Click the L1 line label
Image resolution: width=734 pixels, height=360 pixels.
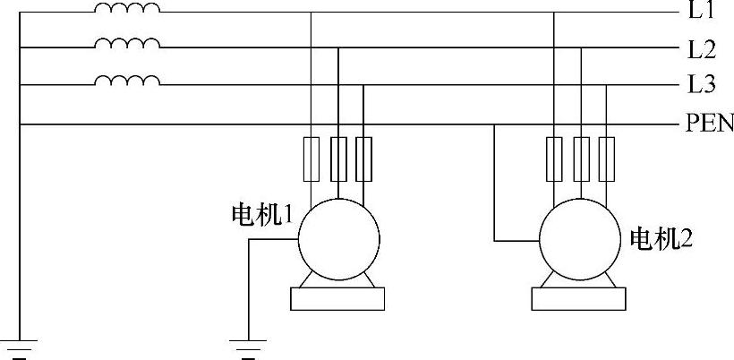click(x=701, y=12)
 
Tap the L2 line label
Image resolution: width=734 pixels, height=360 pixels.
click(x=701, y=48)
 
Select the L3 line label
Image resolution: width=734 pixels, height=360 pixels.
click(x=701, y=85)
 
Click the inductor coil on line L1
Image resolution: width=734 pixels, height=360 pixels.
click(x=127, y=10)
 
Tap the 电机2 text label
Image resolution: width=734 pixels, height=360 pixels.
click(x=661, y=239)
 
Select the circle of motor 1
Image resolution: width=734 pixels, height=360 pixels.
click(x=337, y=238)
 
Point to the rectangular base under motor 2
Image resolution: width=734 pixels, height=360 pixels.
click(x=578, y=298)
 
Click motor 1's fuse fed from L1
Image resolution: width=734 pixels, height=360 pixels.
click(x=311, y=159)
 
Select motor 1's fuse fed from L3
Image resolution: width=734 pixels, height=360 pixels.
click(x=363, y=159)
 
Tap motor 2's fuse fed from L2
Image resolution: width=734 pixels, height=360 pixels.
click(x=581, y=159)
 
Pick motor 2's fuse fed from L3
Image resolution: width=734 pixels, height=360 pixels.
click(x=608, y=159)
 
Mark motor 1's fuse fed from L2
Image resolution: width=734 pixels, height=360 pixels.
click(x=337, y=159)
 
